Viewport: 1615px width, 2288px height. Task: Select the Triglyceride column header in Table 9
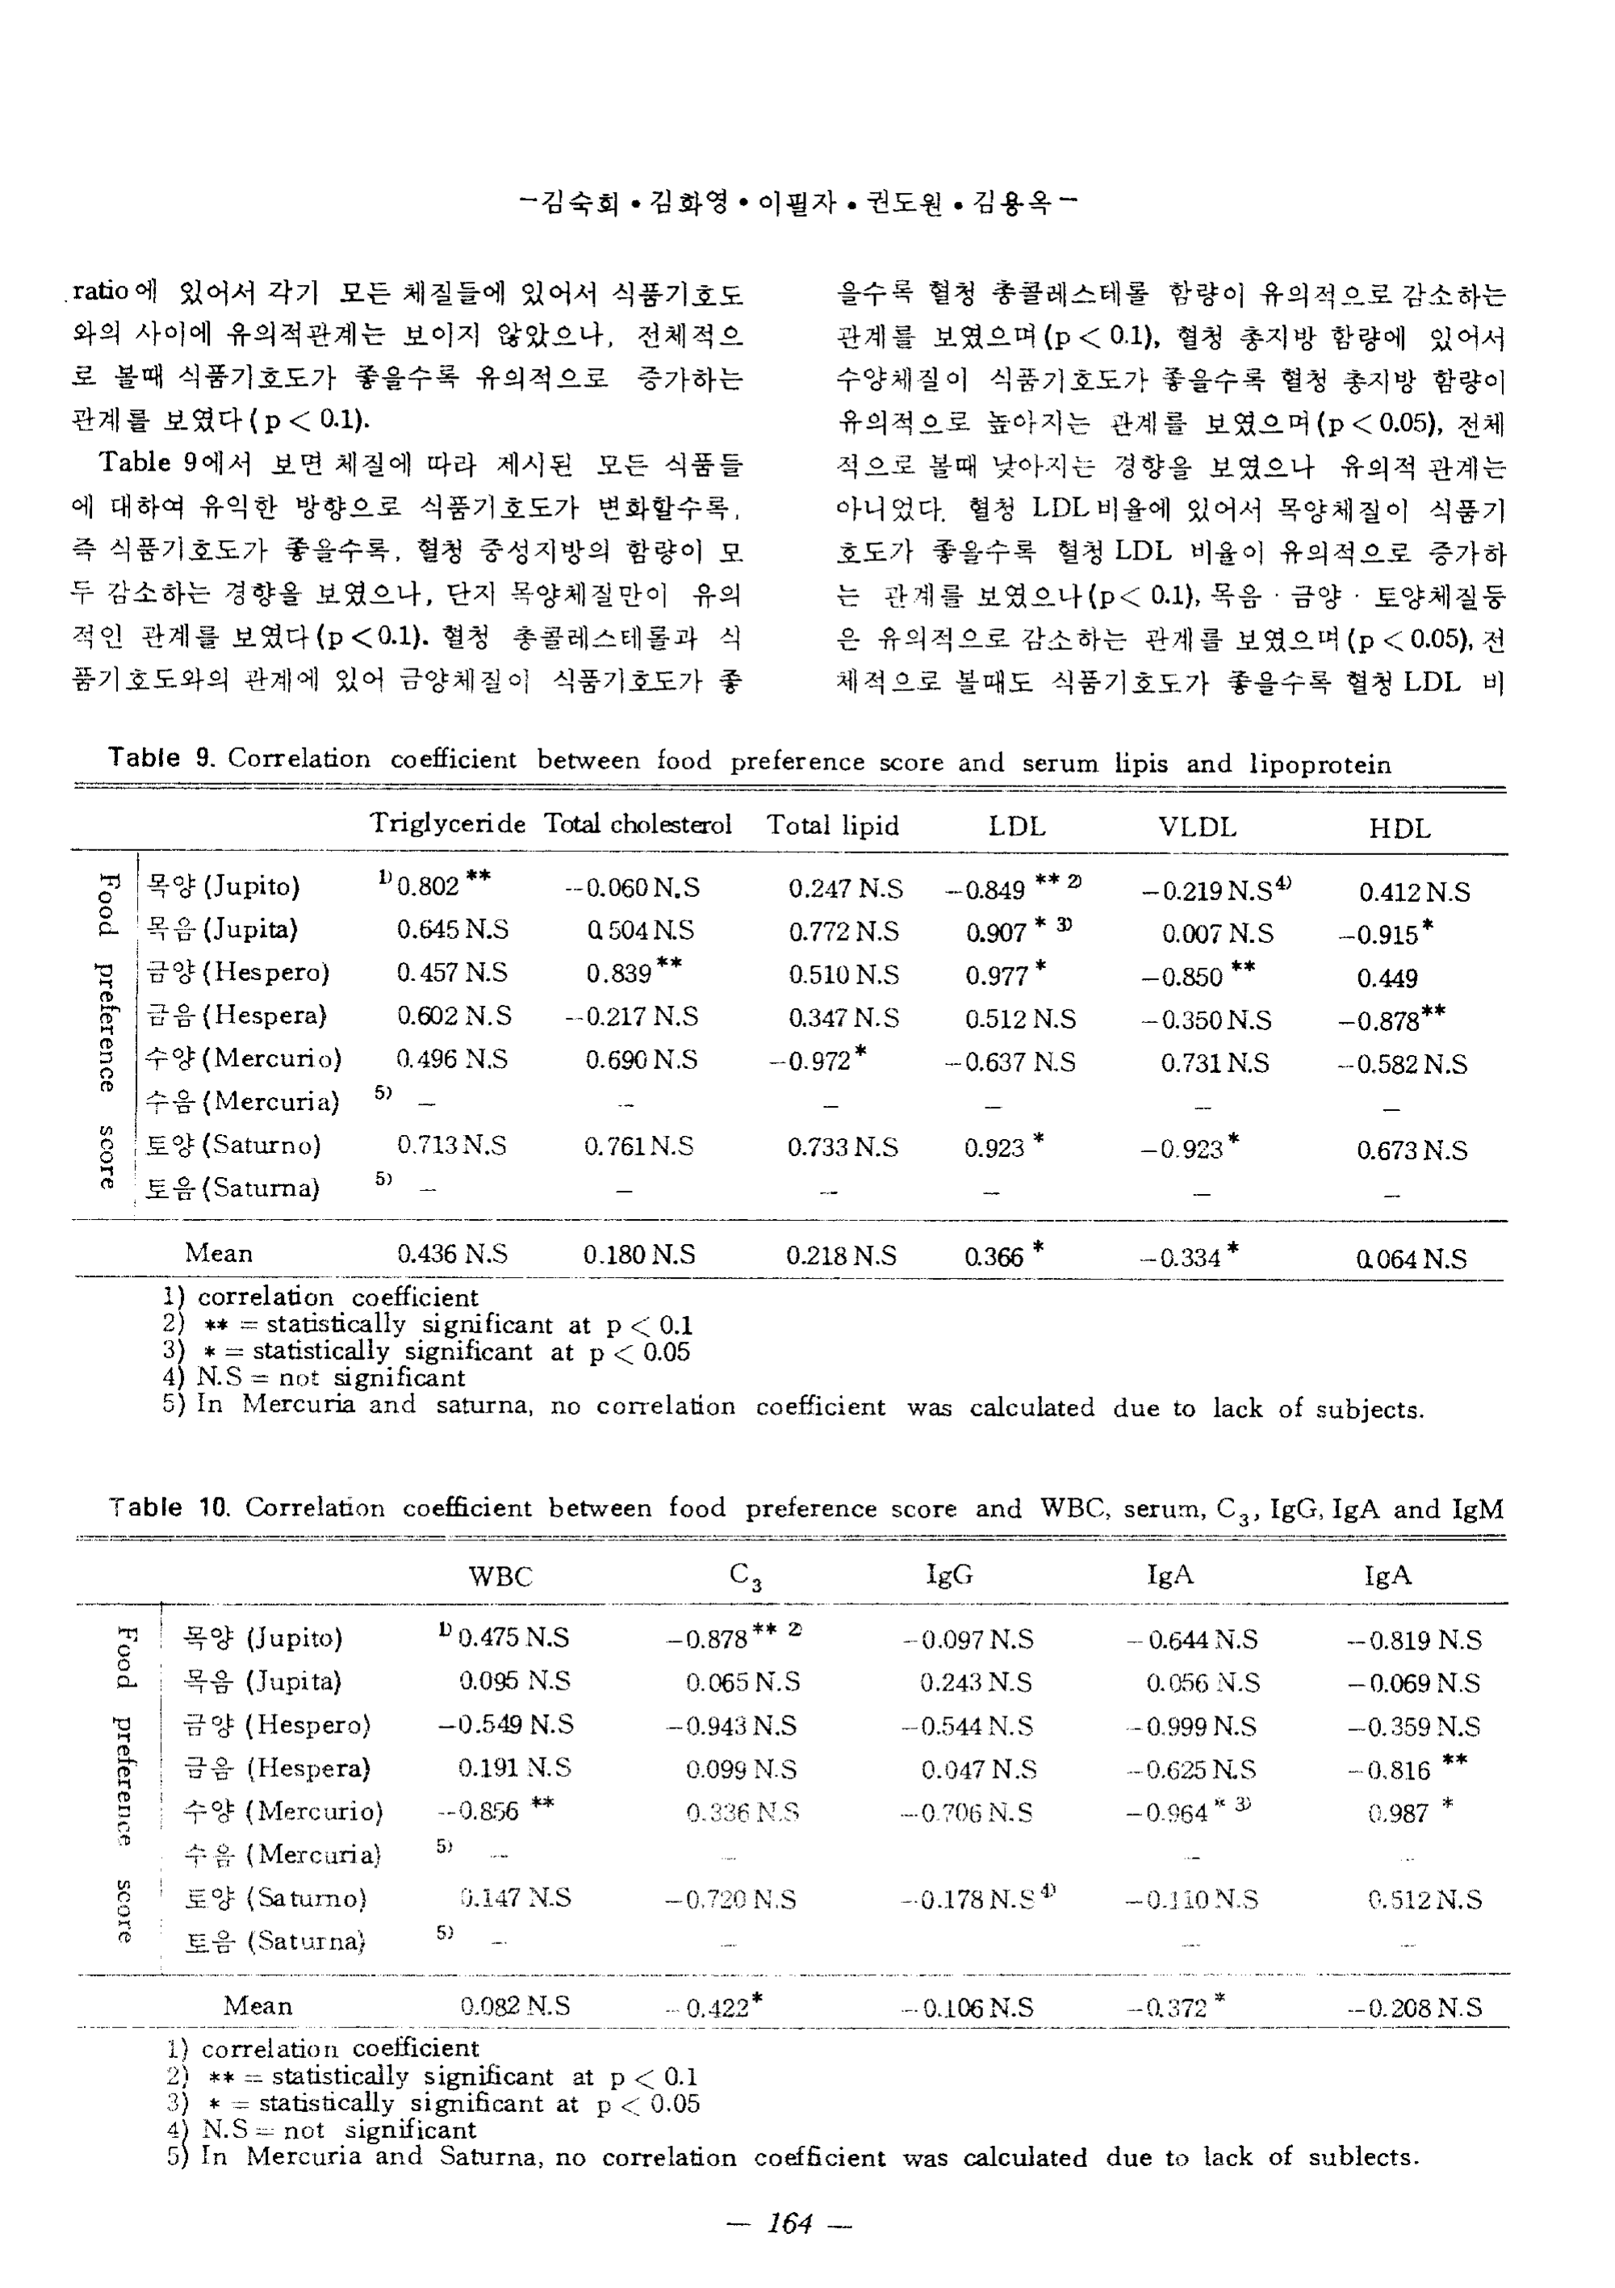(x=447, y=823)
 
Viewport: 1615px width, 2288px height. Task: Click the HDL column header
(x=1399, y=828)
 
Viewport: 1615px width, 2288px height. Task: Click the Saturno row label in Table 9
(x=233, y=1145)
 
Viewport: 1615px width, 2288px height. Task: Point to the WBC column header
(x=501, y=1575)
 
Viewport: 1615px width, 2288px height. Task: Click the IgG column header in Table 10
(x=948, y=1574)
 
